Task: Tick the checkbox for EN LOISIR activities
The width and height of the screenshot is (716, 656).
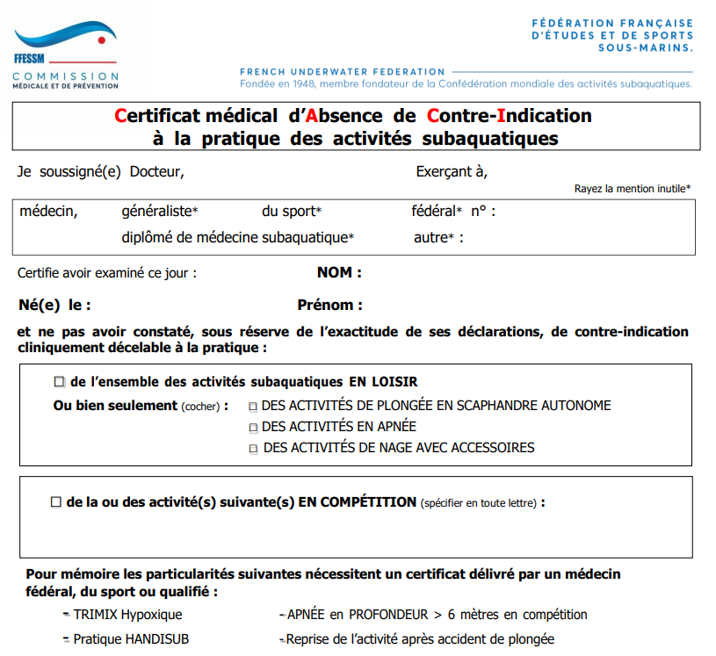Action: tap(60, 382)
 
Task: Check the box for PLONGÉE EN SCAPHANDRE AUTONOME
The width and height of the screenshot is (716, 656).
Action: tap(253, 407)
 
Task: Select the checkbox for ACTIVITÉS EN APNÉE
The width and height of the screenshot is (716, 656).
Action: tap(253, 428)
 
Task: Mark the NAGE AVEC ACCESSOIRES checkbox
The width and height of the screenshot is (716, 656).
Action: tap(254, 449)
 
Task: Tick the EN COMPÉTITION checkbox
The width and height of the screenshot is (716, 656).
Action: tap(56, 502)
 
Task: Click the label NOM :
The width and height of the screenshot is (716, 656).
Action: tap(339, 273)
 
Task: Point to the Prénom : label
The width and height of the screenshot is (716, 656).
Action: tap(329, 306)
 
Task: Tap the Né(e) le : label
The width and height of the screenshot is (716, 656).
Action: tap(54, 306)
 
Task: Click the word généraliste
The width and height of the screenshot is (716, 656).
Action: tap(159, 212)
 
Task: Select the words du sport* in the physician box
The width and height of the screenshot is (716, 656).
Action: tap(292, 212)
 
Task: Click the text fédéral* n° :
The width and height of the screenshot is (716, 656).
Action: tap(453, 212)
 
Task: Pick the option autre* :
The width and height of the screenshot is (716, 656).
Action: tap(438, 238)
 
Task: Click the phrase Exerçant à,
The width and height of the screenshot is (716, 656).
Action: tap(452, 172)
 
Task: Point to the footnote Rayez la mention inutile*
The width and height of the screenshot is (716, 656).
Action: tap(632, 189)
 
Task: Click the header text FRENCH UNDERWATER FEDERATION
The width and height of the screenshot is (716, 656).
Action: tap(342, 72)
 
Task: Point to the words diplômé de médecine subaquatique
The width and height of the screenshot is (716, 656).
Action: tap(237, 238)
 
